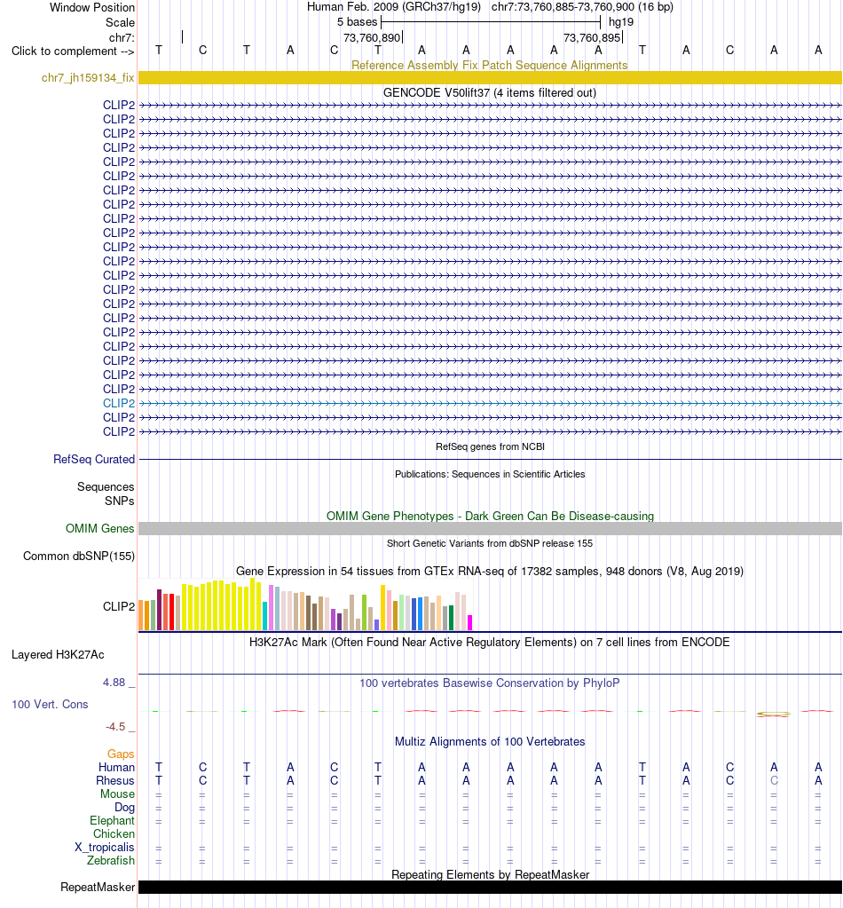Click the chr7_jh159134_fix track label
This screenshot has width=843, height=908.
coord(88,77)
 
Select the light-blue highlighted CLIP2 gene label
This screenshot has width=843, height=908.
coord(119,403)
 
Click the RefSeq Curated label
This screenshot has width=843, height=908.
coord(94,459)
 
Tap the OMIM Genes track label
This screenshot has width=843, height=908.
coord(99,528)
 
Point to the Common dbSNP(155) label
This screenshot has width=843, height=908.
coord(79,556)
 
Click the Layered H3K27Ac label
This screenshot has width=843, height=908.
coord(58,654)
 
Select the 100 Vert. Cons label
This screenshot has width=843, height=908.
coord(50,704)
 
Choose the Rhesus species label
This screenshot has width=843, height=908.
coord(115,780)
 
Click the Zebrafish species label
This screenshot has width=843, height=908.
coord(111,861)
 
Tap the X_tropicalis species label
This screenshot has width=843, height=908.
coord(104,847)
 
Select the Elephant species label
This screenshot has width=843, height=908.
coord(112,820)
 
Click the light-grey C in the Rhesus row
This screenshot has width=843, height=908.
coord(774,780)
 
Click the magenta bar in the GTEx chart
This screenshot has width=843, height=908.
coord(469,622)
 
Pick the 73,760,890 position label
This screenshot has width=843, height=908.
coord(372,37)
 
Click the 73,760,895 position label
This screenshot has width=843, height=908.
coord(592,37)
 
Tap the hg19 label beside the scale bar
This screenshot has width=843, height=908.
coord(621,22)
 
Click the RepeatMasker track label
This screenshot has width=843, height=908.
coord(98,888)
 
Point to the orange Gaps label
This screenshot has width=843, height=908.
coord(121,754)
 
